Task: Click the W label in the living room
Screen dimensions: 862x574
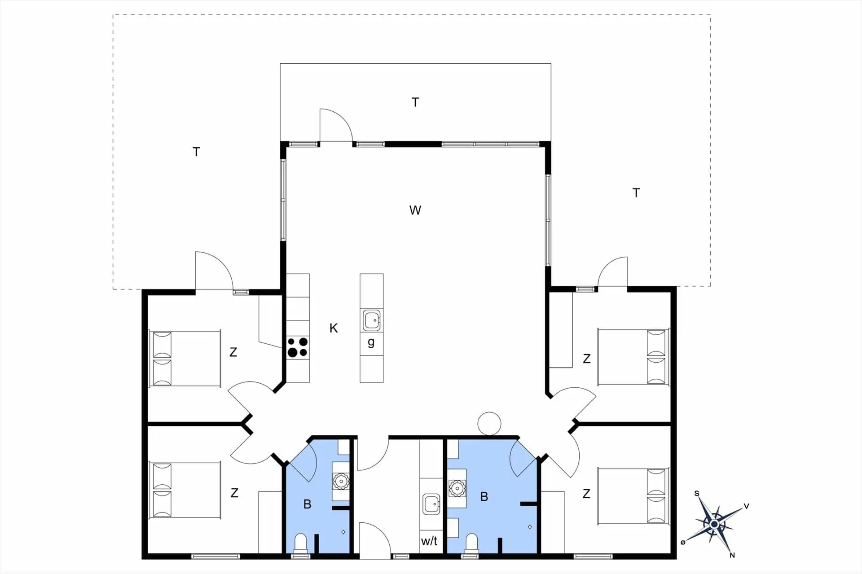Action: [415, 210]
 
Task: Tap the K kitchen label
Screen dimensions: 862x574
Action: [334, 328]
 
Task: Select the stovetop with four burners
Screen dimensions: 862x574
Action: [298, 347]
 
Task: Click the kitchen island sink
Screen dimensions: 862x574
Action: [372, 320]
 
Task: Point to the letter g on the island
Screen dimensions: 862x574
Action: [371, 343]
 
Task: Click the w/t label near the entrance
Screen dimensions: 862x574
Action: [429, 541]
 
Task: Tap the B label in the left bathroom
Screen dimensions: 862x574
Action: [308, 504]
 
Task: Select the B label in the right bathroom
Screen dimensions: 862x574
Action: [484, 496]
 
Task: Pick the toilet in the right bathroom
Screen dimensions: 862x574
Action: [471, 543]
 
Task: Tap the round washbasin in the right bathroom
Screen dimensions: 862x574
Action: [457, 487]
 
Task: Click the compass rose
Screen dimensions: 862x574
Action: [714, 524]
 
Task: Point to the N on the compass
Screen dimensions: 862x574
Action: [732, 555]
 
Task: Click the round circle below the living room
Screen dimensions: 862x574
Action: [489, 424]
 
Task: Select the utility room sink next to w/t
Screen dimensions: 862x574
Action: [431, 504]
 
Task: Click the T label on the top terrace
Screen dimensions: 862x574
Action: [415, 102]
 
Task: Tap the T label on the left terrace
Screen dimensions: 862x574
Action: [196, 152]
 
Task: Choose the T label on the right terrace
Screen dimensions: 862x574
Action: [636, 193]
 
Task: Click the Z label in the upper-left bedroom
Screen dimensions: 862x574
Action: [233, 352]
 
